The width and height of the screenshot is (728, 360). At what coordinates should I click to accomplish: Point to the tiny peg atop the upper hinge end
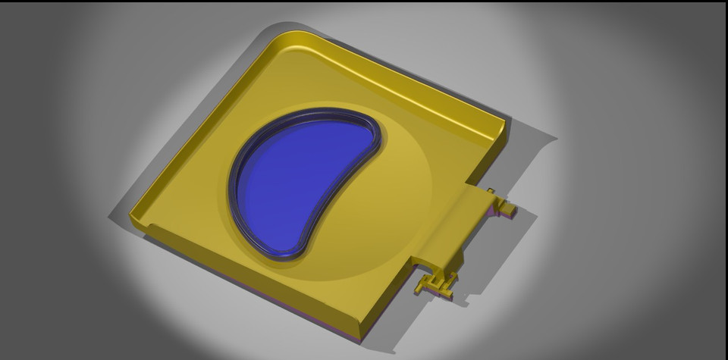[491, 191]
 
